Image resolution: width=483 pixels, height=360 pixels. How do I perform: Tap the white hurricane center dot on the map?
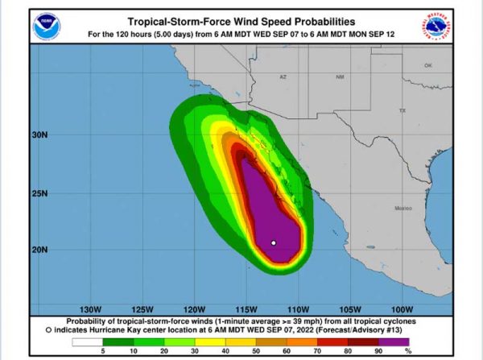(x=274, y=242)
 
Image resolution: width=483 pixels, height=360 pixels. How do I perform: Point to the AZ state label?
(x=283, y=77)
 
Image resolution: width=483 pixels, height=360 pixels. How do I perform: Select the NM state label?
(x=340, y=77)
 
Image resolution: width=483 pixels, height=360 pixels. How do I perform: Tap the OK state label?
(x=427, y=65)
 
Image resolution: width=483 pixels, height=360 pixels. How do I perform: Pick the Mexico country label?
(x=402, y=209)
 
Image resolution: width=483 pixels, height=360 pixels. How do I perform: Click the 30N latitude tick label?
(x=40, y=134)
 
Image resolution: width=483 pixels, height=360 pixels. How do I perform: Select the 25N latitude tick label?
(x=40, y=193)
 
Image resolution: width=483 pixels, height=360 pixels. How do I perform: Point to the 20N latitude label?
(x=40, y=250)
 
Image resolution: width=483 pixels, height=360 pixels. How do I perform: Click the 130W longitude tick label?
(x=91, y=309)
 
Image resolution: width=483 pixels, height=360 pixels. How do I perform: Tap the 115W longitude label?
(x=246, y=309)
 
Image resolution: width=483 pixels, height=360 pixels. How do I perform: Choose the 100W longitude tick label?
(x=400, y=309)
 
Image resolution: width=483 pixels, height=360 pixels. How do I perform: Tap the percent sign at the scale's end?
(x=408, y=351)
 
